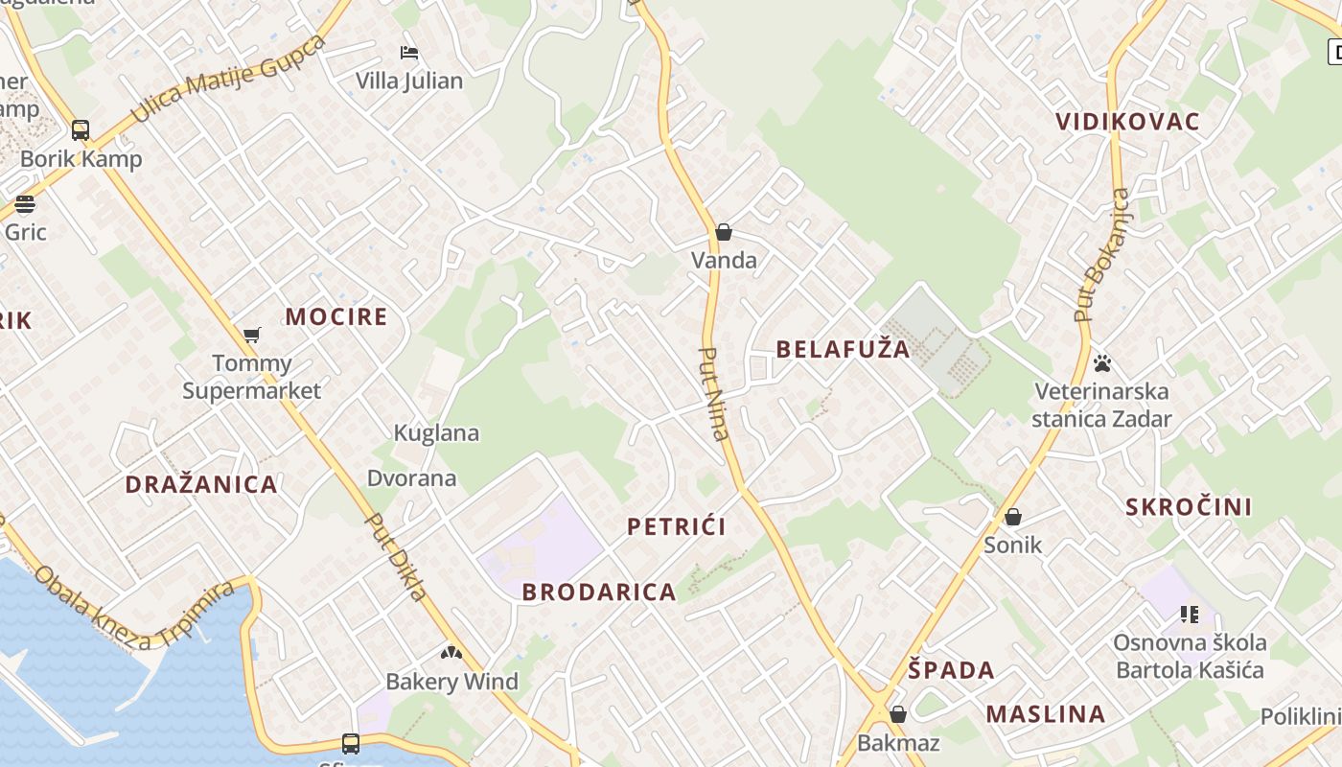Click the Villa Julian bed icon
pos(409,52)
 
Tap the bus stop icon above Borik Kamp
pos(81,130)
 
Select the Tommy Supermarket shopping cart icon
pos(251,335)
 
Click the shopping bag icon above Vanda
pos(724,232)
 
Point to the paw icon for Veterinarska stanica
pos(1102,363)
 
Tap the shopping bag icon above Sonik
pos(1013,518)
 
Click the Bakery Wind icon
pos(451,654)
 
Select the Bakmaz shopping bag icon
pos(898,714)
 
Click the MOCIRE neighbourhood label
pos(336,316)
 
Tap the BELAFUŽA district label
pos(843,349)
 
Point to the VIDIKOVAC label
pos(1127,122)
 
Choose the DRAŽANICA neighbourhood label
pos(201,484)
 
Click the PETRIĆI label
pos(676,526)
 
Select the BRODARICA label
pos(599,593)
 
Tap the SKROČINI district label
pos(1189,507)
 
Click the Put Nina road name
pos(715,393)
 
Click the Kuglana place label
pos(436,433)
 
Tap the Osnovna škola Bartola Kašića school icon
pos(1190,615)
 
